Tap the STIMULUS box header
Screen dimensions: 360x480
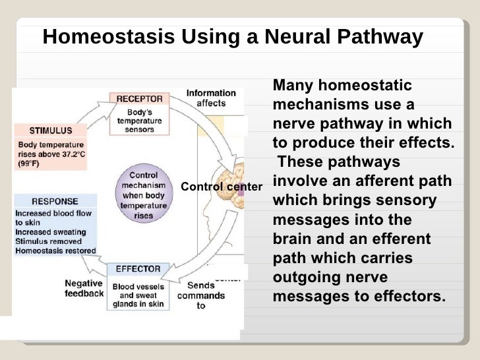click(46, 130)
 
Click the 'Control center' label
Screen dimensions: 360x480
click(221, 187)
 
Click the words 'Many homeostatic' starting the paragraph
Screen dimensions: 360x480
click(342, 86)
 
